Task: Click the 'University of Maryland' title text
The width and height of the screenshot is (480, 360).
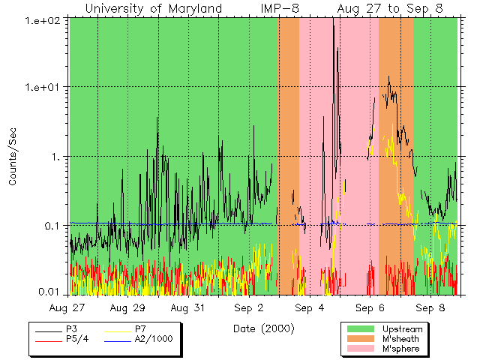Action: (x=153, y=8)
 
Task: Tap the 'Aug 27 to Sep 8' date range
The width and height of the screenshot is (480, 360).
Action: (x=390, y=8)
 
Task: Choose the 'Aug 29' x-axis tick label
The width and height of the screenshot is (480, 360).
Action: (x=127, y=308)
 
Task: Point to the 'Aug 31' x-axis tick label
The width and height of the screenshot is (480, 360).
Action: (x=188, y=308)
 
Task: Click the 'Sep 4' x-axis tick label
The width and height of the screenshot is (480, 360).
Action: (x=309, y=308)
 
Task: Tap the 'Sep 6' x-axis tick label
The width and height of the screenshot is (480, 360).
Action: (x=370, y=308)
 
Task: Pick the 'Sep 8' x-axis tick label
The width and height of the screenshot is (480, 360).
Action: (x=430, y=308)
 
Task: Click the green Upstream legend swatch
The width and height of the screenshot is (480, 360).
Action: (x=360, y=329)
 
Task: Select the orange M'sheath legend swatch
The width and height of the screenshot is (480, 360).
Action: (x=360, y=339)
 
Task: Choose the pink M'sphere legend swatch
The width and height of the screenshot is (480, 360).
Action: (x=360, y=349)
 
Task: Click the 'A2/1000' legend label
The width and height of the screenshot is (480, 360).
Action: (x=154, y=339)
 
